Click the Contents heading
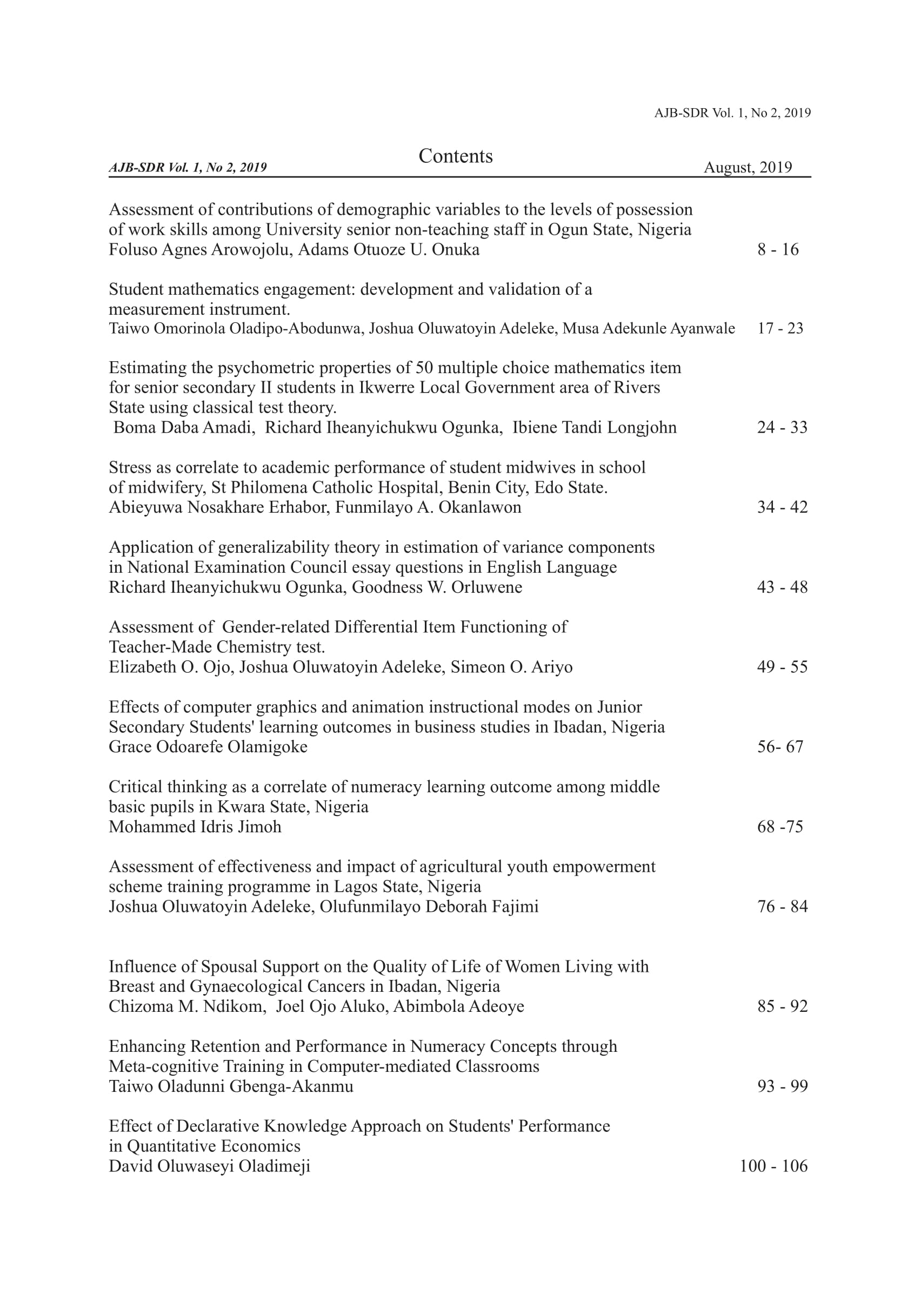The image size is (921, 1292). (456, 156)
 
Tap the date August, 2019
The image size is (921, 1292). (748, 168)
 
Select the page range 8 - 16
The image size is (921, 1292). (778, 250)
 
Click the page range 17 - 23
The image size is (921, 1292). (780, 328)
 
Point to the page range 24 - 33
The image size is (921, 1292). (782, 427)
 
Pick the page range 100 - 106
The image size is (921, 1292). (773, 1166)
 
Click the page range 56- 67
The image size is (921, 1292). (780, 747)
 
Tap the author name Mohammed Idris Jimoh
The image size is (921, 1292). (195, 827)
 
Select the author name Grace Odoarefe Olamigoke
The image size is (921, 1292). (208, 747)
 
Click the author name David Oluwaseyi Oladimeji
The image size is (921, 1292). (209, 1166)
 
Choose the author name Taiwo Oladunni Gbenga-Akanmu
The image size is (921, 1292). (231, 1086)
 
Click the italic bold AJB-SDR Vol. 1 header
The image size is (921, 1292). (187, 168)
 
